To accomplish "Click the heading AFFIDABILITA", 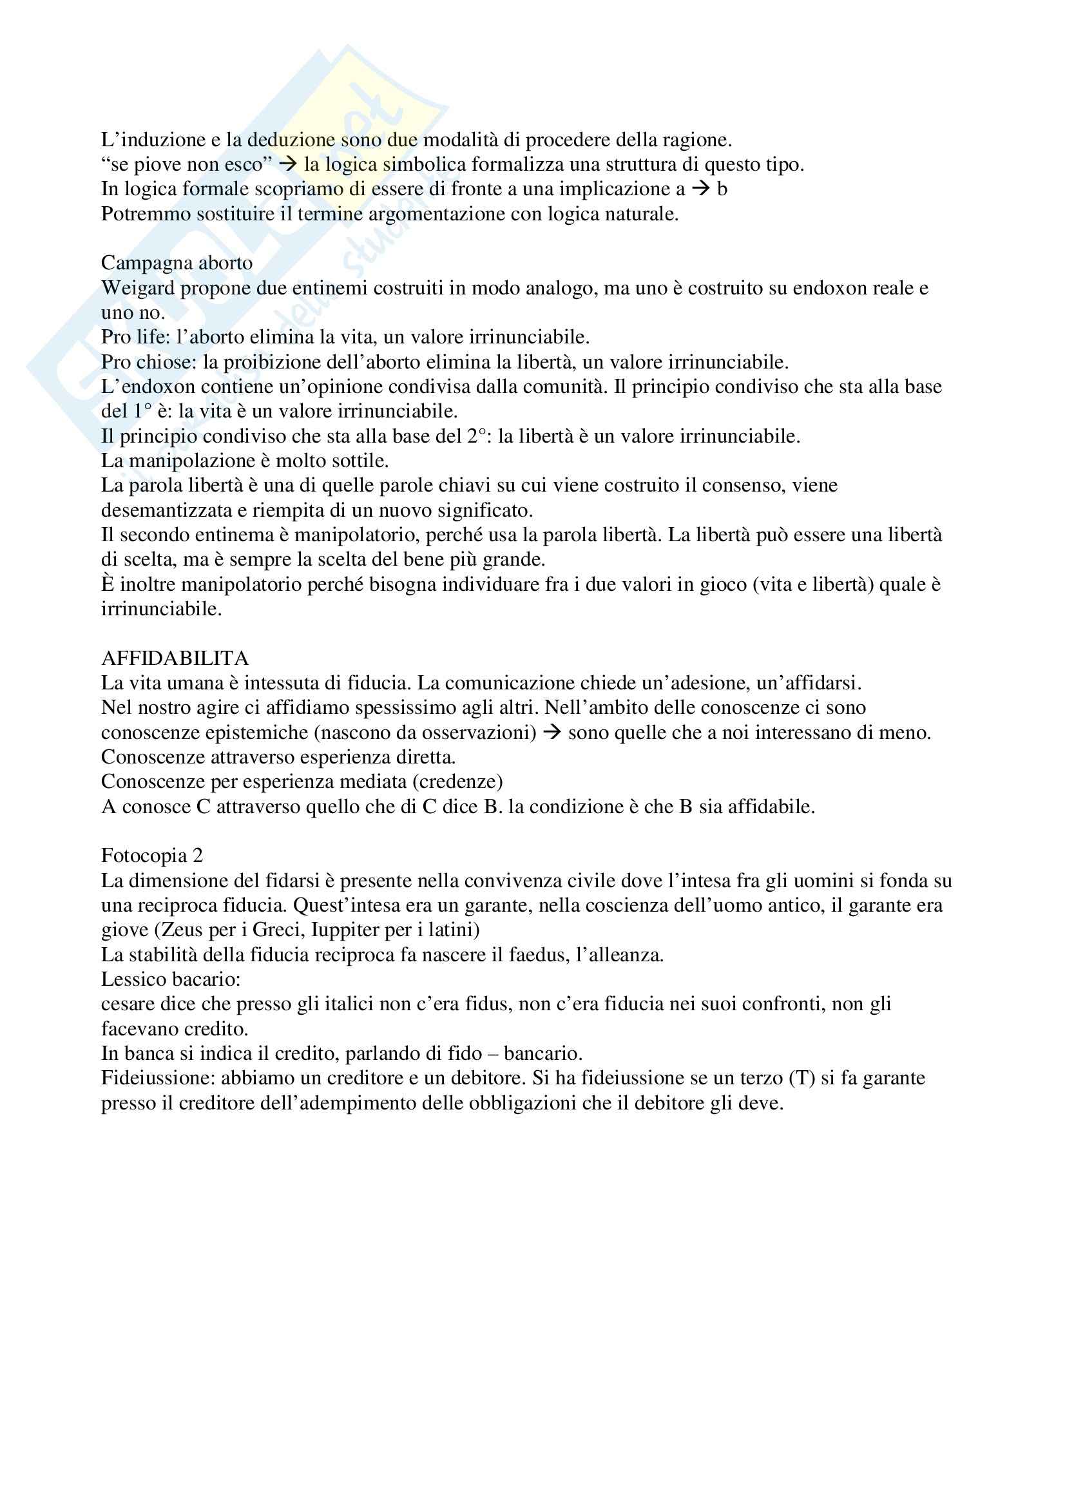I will pyautogui.click(x=175, y=658).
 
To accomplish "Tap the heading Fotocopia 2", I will pyautogui.click(x=151, y=856).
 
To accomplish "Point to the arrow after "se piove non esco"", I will pyautogui.click(x=287, y=164).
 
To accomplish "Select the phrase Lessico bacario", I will pyautogui.click(x=170, y=979).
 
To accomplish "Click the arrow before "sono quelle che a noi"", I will pyautogui.click(x=553, y=733).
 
